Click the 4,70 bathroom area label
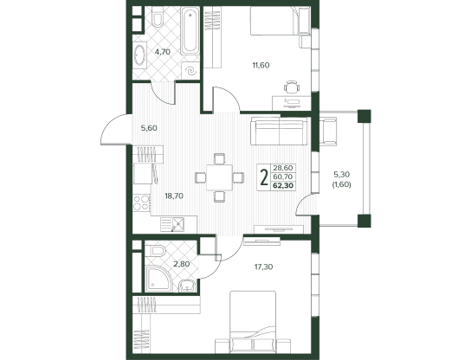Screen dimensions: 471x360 (163, 52)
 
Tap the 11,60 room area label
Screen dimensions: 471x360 (261, 65)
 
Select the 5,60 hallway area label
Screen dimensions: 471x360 (149, 128)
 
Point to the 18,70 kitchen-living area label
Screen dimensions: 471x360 (174, 196)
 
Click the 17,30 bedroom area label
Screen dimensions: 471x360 (263, 267)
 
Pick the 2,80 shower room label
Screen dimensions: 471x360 (181, 264)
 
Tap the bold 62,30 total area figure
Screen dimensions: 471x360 (283, 186)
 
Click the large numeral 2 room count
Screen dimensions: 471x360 (264, 177)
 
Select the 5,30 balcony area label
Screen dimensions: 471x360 (342, 174)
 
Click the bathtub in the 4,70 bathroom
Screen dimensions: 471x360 (190, 31)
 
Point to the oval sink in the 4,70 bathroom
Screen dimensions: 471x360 (139, 55)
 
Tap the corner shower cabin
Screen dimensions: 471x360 (159, 278)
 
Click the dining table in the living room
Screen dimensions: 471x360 (220, 177)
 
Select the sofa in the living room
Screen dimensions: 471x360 (279, 131)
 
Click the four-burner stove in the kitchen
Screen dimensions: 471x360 (142, 202)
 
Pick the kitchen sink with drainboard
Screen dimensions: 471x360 (172, 225)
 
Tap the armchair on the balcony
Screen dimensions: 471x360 (328, 132)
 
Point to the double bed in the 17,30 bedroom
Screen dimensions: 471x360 (253, 322)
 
